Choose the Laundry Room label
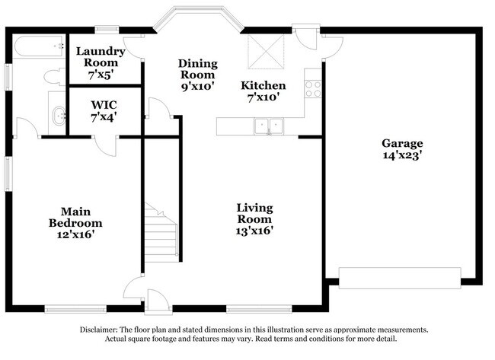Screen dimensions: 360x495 tap(100, 57)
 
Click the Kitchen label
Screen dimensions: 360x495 tap(263, 85)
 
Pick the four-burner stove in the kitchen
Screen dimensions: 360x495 tap(313, 88)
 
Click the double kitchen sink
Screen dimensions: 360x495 tap(269, 126)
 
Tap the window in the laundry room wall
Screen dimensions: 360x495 tap(107, 30)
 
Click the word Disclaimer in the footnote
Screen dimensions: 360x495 tap(100, 330)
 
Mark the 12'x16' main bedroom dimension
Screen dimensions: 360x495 tap(75, 235)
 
